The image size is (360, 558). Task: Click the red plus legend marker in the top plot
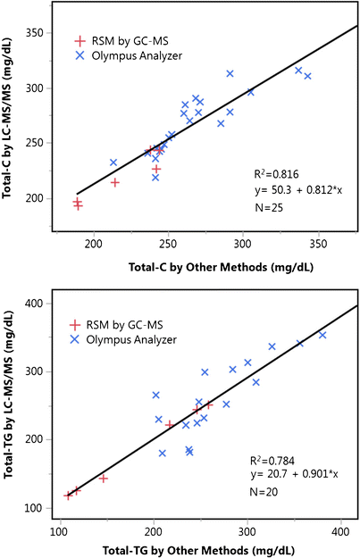click(82, 40)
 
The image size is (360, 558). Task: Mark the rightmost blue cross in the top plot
click(307, 76)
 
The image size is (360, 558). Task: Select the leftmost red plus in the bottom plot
click(68, 495)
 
